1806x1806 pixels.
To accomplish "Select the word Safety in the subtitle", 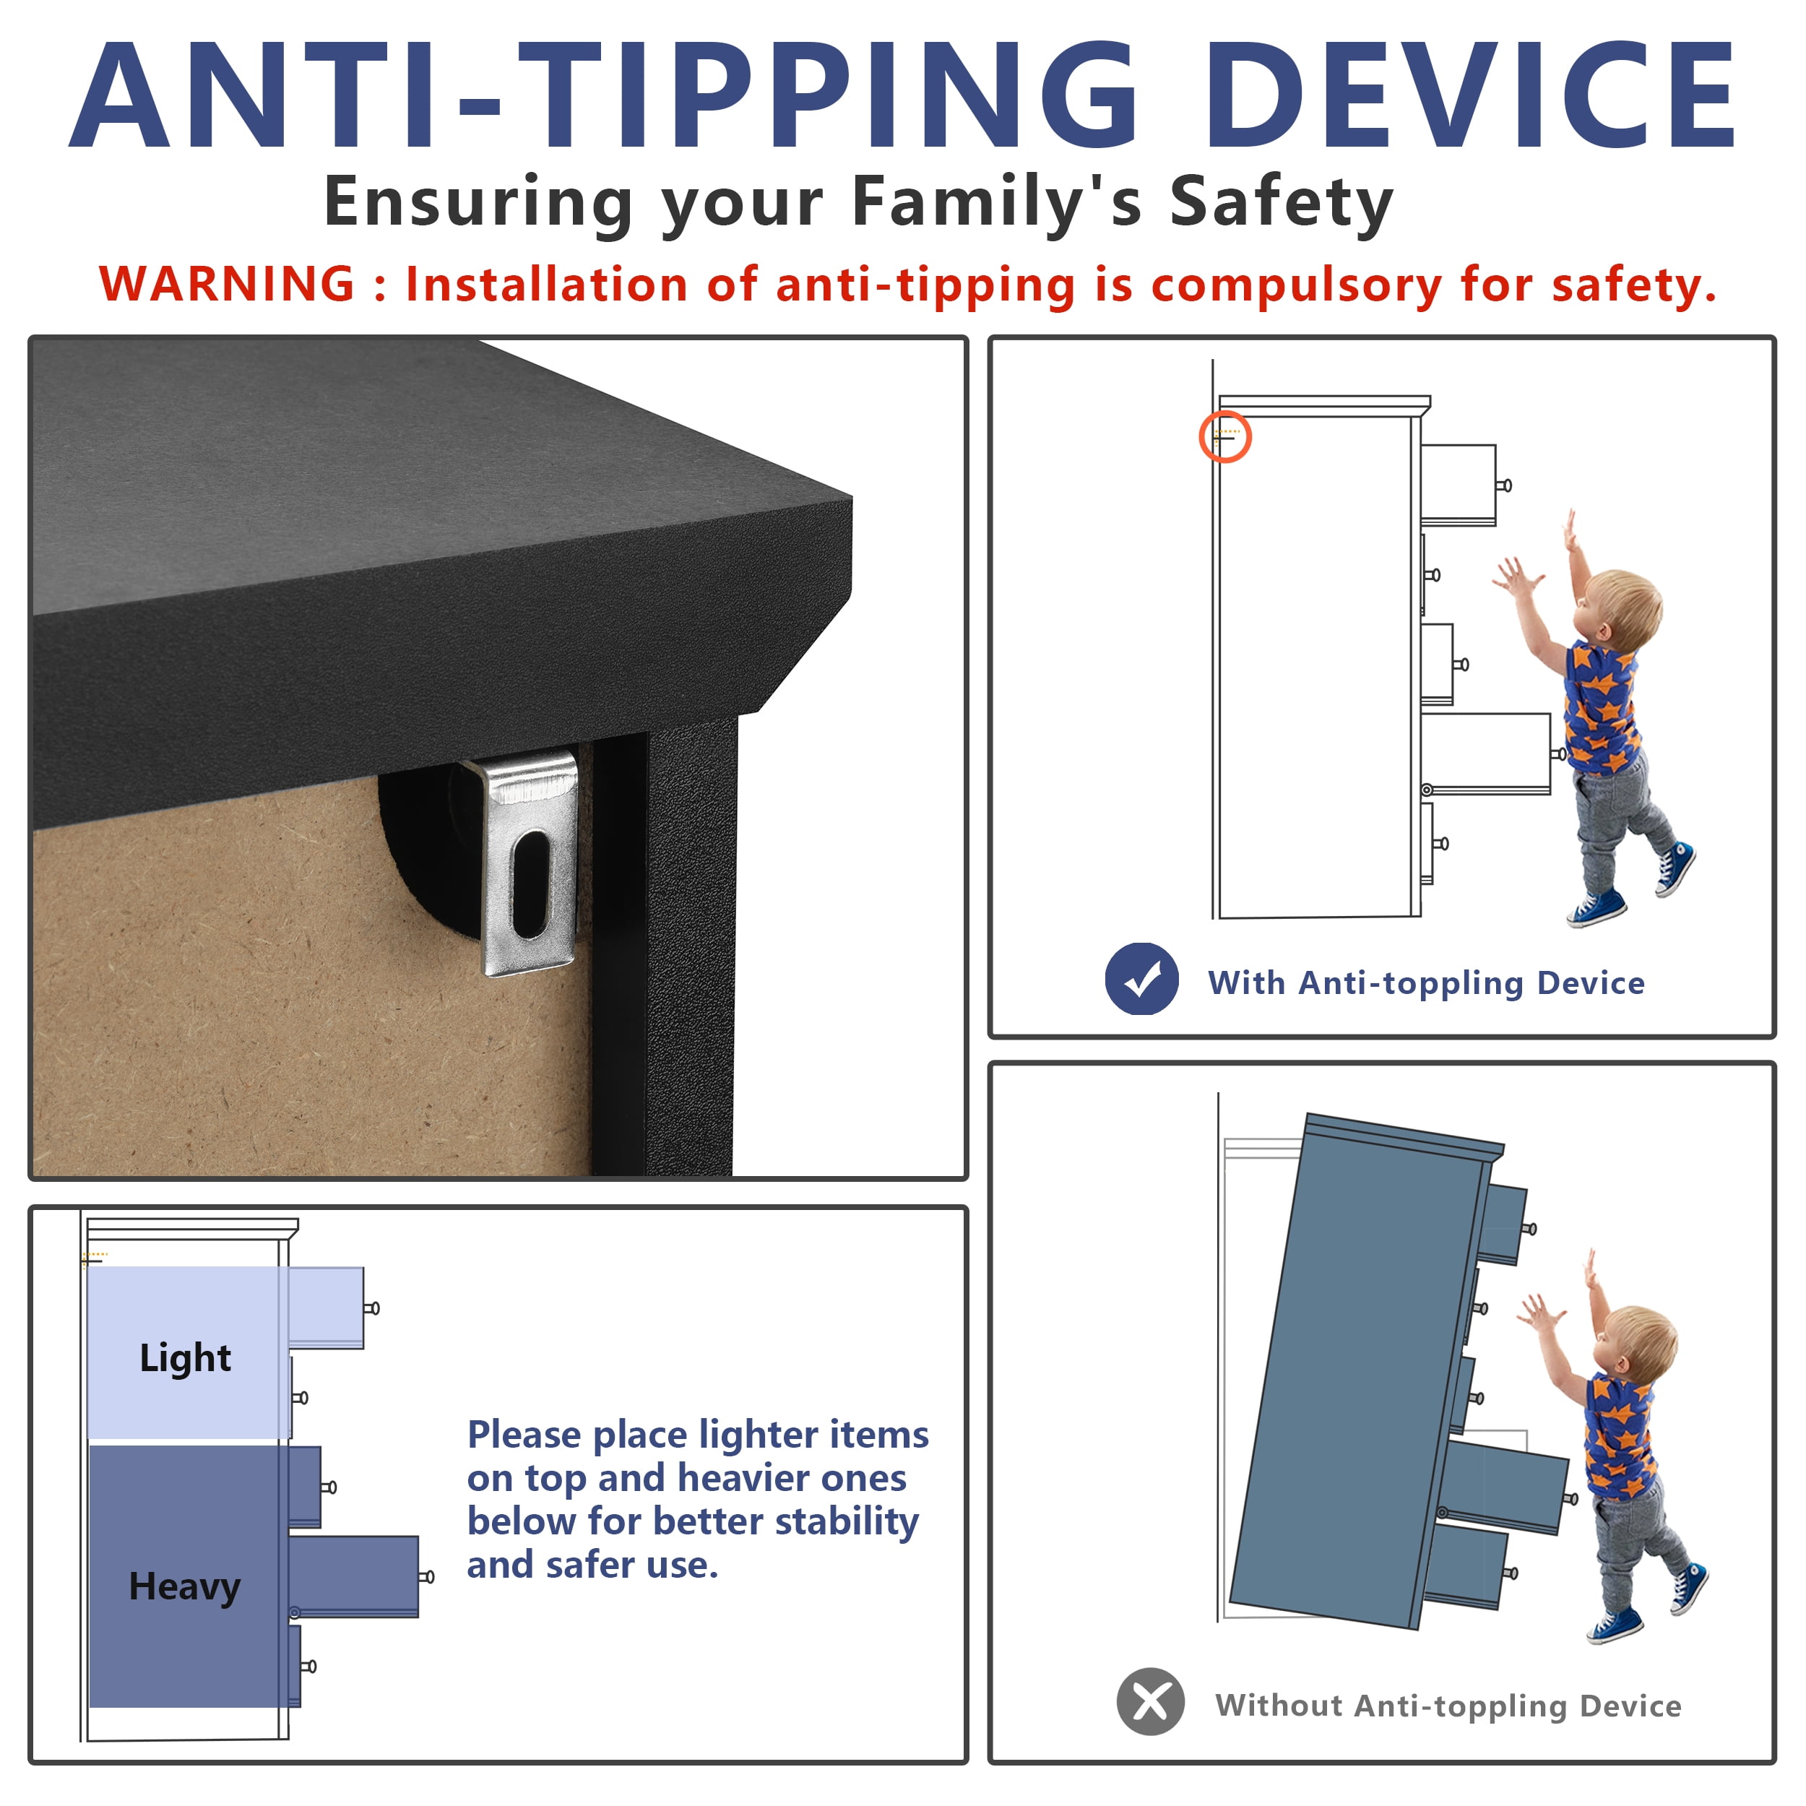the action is point(1282,202).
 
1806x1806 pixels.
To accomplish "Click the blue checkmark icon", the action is point(1141,979).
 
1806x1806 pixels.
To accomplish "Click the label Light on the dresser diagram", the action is point(185,1359).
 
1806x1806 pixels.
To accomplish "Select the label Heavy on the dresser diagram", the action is point(185,1587).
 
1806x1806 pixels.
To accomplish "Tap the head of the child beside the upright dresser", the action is point(1621,610).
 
